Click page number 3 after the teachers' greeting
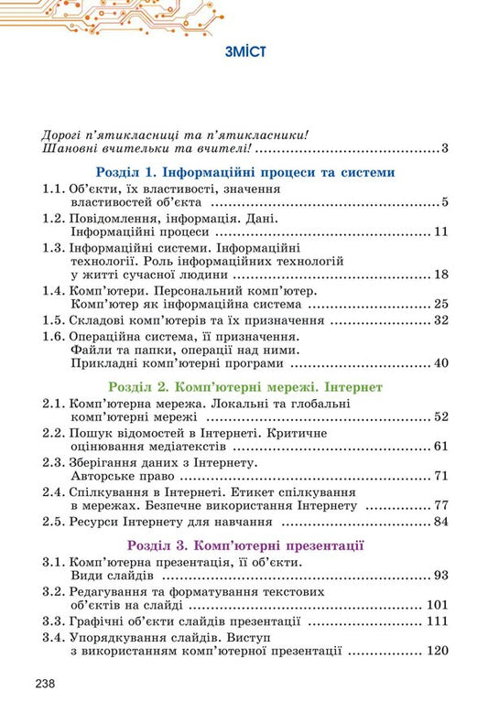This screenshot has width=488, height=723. (x=442, y=148)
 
